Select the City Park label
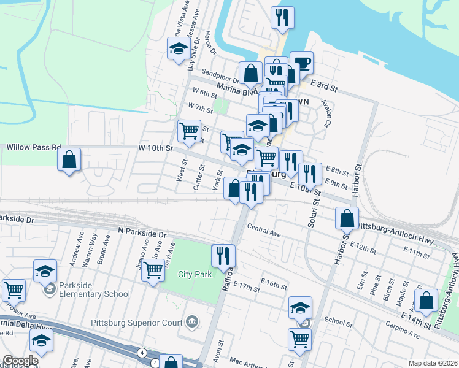click(x=195, y=273)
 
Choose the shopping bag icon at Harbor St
click(x=347, y=218)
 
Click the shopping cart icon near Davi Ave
click(x=153, y=270)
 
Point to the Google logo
click(x=20, y=361)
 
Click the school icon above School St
click(x=300, y=307)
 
